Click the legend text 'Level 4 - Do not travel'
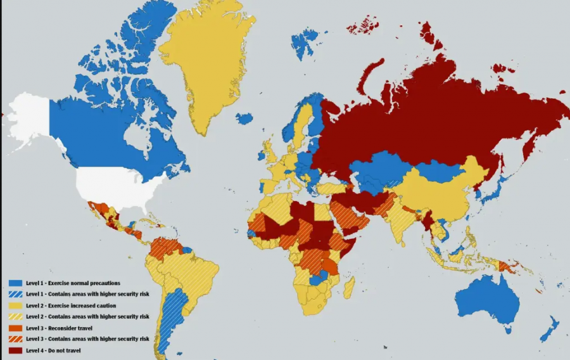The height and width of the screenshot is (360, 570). click(54, 350)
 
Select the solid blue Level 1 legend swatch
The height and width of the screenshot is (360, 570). click(15, 283)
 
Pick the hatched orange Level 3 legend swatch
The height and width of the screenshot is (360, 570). click(15, 339)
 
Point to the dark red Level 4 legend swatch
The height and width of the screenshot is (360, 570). click(15, 350)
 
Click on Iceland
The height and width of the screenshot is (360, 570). click(244, 119)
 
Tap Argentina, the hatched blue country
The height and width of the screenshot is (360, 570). click(170, 317)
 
